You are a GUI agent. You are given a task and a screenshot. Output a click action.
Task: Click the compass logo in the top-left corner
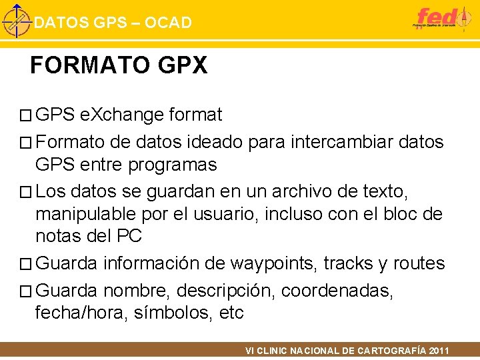tap(16, 21)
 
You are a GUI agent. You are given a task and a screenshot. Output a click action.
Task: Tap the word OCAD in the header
tap(167, 23)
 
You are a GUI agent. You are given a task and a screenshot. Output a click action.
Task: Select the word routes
tap(419, 263)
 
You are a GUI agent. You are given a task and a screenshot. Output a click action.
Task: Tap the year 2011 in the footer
tap(439, 351)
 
